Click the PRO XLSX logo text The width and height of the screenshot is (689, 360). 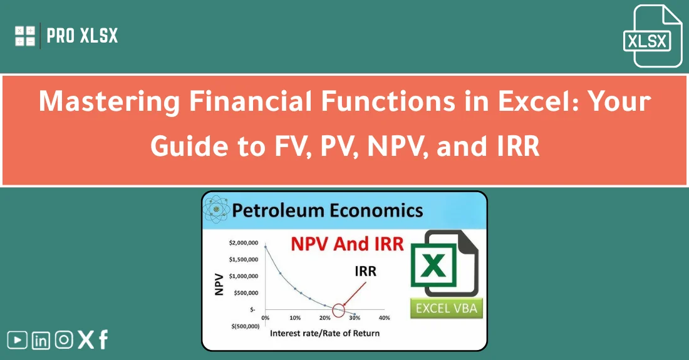(82, 36)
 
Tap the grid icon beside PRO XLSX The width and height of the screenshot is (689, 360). (25, 36)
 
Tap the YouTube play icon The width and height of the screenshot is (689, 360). (18, 340)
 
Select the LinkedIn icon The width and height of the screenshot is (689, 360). (41, 340)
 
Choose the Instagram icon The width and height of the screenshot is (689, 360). (63, 340)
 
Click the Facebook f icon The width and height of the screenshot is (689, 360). (103, 340)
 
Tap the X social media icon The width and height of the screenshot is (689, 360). (85, 340)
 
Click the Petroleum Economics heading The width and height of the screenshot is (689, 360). (327, 210)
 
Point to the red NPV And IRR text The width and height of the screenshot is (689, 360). (347, 243)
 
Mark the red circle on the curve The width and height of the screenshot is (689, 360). (338, 309)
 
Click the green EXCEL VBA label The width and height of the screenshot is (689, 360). (446, 308)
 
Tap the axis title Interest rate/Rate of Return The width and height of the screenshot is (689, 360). (324, 333)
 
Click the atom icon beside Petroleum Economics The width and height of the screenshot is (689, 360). (216, 211)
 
